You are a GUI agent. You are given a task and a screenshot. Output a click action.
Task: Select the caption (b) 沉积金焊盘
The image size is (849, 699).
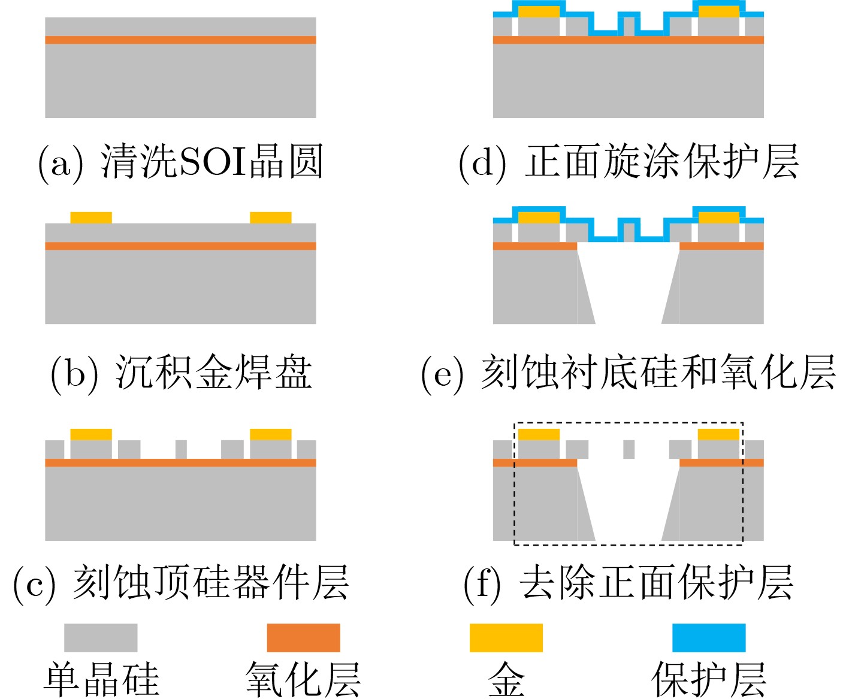click(x=181, y=373)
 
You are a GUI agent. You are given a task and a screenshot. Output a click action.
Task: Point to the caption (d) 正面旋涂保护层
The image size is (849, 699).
click(x=628, y=162)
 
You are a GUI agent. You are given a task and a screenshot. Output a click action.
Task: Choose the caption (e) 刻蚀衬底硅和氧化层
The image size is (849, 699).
click(x=628, y=373)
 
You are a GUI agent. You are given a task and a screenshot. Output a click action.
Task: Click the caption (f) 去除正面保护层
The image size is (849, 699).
click(x=628, y=582)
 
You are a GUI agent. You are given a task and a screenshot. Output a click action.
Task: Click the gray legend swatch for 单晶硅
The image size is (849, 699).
click(x=101, y=637)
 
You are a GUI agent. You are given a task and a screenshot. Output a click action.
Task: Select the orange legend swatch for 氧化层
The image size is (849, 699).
click(x=303, y=637)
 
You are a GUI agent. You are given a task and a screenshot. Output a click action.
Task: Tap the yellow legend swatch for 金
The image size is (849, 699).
click(x=506, y=637)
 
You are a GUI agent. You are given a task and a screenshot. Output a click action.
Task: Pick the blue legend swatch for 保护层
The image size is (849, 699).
click(x=709, y=637)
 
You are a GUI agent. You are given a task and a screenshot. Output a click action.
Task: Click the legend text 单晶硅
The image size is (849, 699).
click(x=101, y=680)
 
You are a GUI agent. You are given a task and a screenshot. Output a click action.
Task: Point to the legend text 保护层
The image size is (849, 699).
click(x=709, y=680)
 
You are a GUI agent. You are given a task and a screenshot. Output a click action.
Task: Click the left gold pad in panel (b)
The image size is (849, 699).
click(x=91, y=217)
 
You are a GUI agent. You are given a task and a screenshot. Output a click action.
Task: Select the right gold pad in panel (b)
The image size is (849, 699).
click(x=271, y=217)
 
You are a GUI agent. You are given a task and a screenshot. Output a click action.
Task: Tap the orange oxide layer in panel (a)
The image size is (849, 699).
click(x=180, y=40)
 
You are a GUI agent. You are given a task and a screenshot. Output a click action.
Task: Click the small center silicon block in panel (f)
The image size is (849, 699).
click(x=629, y=449)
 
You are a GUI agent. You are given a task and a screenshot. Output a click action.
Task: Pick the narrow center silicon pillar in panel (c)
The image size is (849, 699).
click(x=181, y=449)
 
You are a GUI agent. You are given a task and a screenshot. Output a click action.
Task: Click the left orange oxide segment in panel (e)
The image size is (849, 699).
click(x=534, y=246)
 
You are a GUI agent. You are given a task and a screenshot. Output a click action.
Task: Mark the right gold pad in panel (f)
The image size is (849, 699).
click(x=719, y=435)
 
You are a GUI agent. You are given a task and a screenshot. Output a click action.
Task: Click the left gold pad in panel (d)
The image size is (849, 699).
click(x=539, y=12)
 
